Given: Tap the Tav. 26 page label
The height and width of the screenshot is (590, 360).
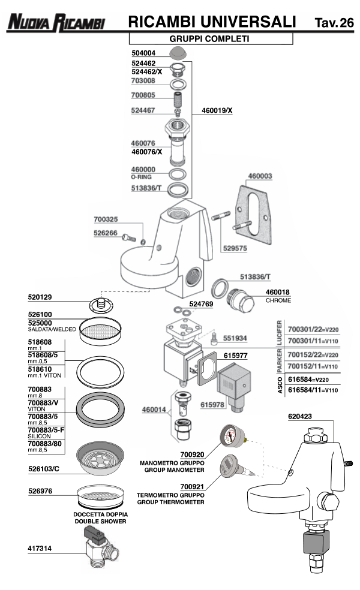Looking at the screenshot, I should click(334, 23).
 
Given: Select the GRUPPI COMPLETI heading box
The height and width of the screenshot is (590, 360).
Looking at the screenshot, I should click(211, 39).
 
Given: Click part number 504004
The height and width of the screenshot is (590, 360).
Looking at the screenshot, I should click(144, 53).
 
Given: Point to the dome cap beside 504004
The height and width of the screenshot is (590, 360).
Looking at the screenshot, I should click(178, 53).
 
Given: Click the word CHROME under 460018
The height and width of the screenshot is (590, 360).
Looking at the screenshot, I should click(278, 300).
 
